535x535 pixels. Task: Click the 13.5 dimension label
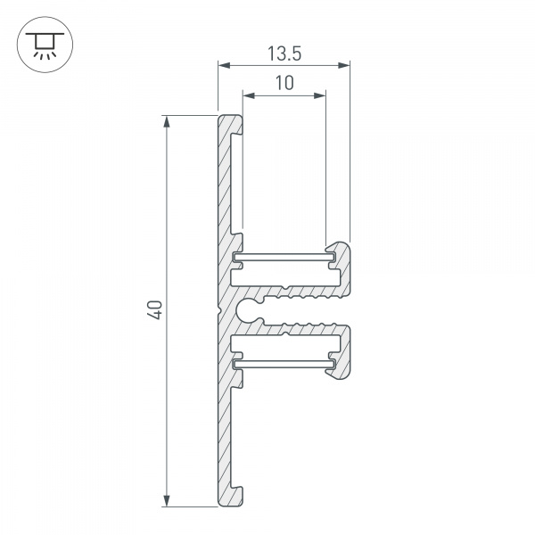point(284,54)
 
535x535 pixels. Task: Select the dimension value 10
point(284,84)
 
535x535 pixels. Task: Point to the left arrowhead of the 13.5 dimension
point(223,65)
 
